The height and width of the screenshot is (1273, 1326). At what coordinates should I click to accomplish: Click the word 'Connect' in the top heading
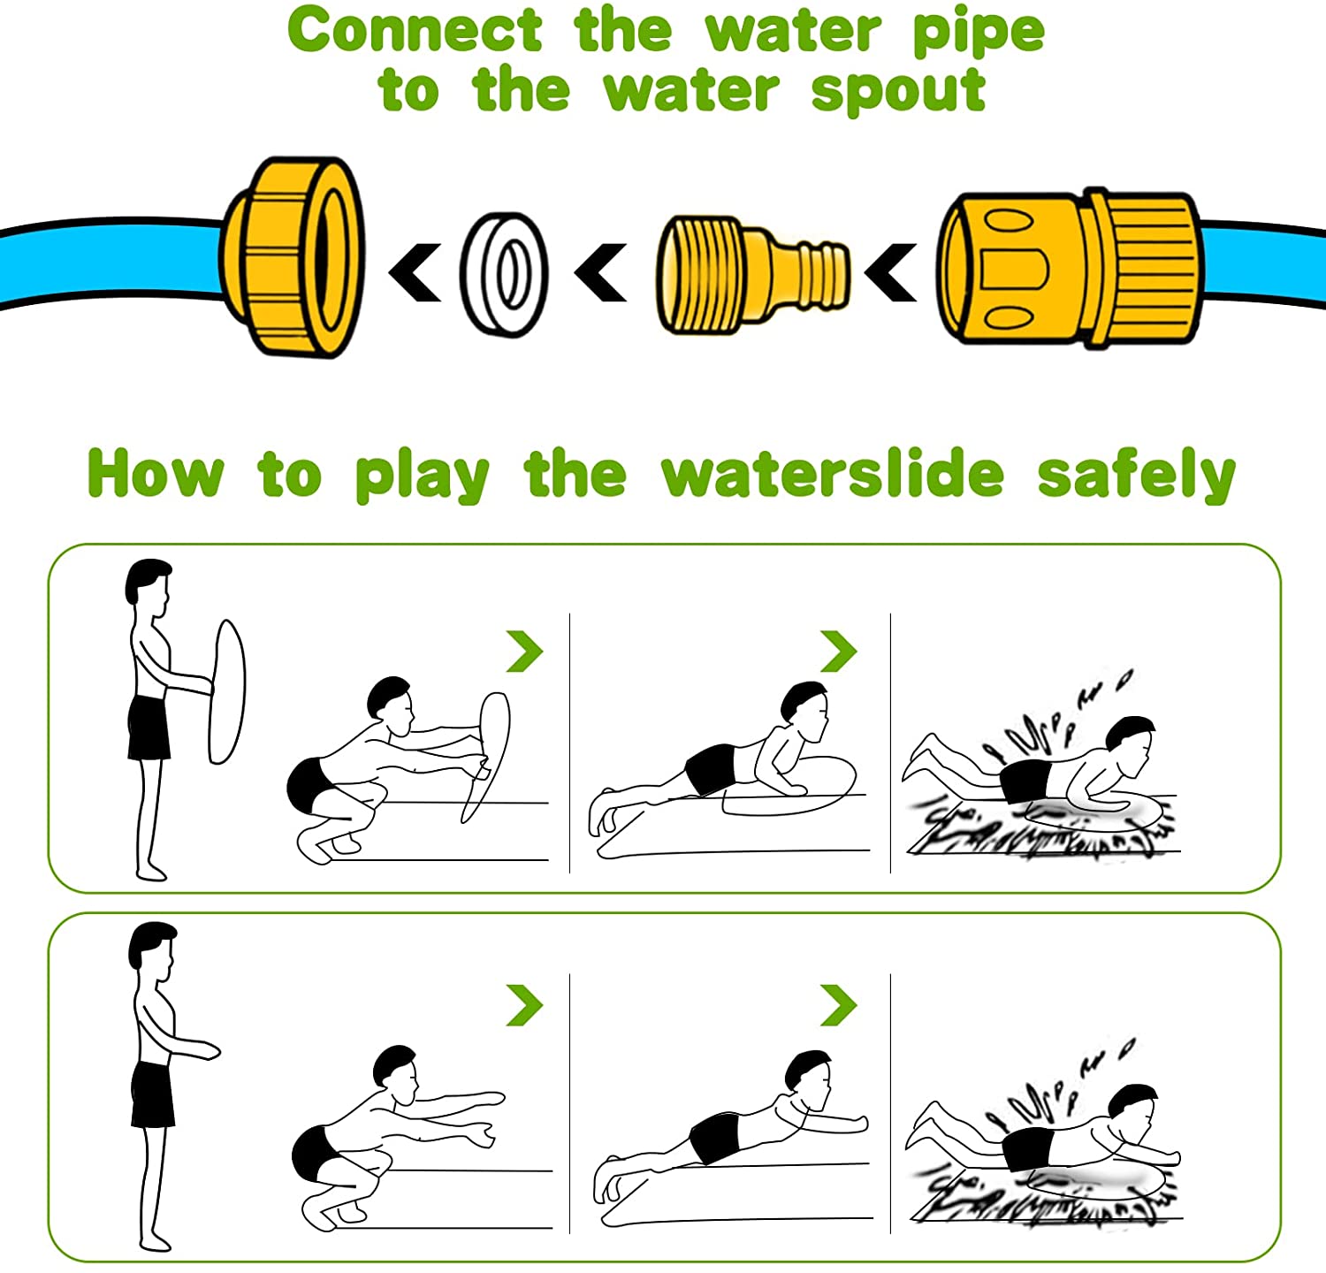[415, 32]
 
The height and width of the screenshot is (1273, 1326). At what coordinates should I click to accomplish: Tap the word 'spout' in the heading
[898, 92]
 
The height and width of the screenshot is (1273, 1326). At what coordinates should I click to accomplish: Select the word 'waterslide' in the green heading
[833, 475]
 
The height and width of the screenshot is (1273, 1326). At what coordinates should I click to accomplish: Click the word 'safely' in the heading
[1136, 475]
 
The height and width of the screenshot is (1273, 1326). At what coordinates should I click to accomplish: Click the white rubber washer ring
[504, 273]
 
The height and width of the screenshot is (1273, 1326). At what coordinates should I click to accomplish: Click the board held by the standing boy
[226, 691]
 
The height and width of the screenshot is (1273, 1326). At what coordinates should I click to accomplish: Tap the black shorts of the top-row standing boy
[148, 728]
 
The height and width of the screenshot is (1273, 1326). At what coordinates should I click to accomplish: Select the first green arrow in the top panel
[524, 652]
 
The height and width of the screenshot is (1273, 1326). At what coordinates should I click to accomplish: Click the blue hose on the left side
[106, 263]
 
